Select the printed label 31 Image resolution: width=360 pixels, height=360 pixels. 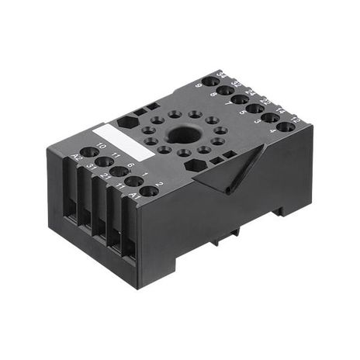tap(92, 167)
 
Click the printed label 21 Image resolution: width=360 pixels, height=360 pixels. tap(106, 177)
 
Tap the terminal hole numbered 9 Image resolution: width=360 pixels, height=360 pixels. tap(210, 81)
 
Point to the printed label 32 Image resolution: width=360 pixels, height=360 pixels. tap(236, 84)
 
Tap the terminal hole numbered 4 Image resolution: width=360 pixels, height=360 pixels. tap(286, 126)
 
